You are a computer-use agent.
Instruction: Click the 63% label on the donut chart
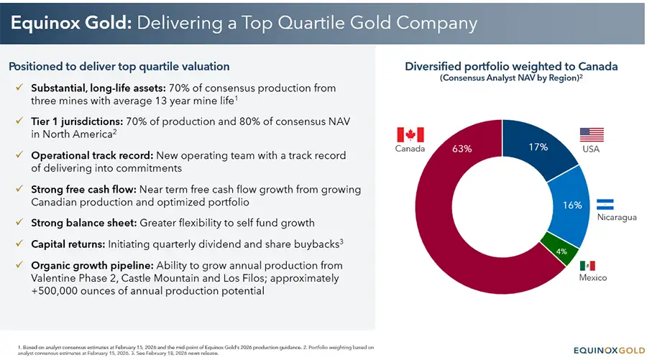pyautogui.click(x=462, y=149)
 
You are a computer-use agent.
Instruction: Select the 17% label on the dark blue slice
pyautogui.click(x=538, y=147)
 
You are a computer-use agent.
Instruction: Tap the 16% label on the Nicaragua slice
pyautogui.click(x=572, y=205)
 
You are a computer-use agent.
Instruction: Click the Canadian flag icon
pyautogui.click(x=410, y=134)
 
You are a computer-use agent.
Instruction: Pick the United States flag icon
pyautogui.click(x=591, y=134)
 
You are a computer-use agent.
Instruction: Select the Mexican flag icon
pyautogui.click(x=587, y=265)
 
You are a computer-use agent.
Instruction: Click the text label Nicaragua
pyautogui.click(x=616, y=217)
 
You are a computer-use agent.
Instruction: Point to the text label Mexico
pyautogui.click(x=592, y=277)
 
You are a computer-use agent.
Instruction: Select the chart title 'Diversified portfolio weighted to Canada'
pyautogui.click(x=511, y=66)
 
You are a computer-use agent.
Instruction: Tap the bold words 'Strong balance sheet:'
pyautogui.click(x=84, y=223)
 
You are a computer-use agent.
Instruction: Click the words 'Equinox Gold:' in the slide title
pyautogui.click(x=67, y=23)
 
